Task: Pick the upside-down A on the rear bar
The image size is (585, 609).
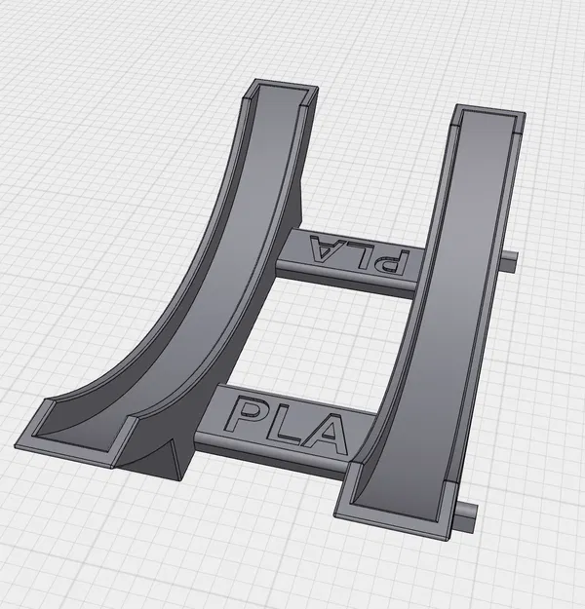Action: tap(324, 247)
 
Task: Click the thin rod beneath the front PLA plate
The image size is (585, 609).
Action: tap(263, 453)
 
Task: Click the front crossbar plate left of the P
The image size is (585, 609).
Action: tap(216, 409)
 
